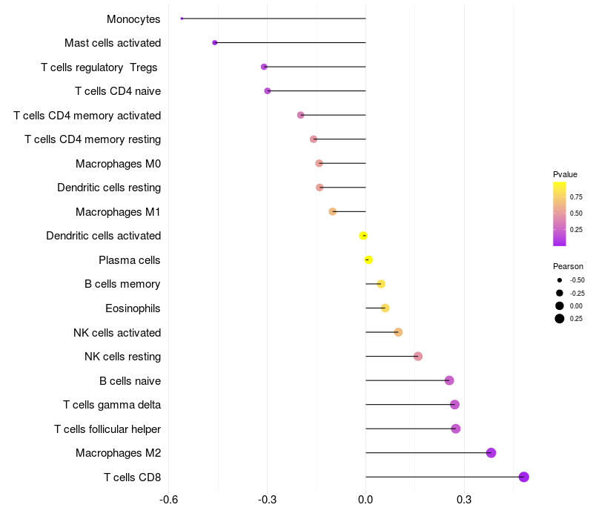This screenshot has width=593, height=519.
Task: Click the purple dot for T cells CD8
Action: [x=524, y=477]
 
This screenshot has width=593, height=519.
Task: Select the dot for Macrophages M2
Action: [x=491, y=453]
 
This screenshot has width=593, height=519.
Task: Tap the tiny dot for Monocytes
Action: [x=182, y=19]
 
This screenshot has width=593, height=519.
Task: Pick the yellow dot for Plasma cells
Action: [x=368, y=259]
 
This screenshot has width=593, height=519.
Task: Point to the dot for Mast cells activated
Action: [x=215, y=42]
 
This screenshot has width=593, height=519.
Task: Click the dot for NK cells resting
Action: [x=418, y=357]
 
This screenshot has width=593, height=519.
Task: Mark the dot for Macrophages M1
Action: [x=333, y=211]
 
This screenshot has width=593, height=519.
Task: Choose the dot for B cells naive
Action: [x=449, y=380]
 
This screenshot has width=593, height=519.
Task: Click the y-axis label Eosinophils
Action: [x=133, y=308]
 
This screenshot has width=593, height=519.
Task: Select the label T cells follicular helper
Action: [x=107, y=429]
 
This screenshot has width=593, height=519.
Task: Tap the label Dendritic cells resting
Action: [x=109, y=188]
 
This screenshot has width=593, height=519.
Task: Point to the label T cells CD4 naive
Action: [x=118, y=91]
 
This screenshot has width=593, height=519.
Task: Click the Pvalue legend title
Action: [x=565, y=174]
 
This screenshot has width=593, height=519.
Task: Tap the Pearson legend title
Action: [x=568, y=266]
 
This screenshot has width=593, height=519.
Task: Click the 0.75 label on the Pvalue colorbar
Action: [x=576, y=197]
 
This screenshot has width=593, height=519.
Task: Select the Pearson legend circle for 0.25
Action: [x=560, y=319]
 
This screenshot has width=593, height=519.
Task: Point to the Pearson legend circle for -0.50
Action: [x=560, y=280]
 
